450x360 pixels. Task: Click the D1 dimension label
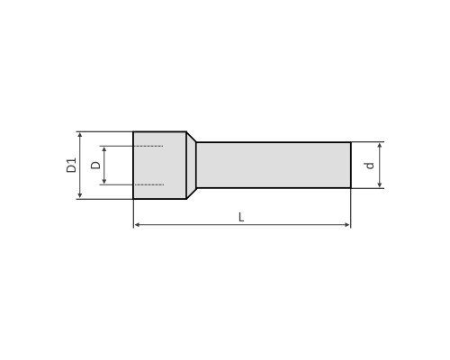point(71,165)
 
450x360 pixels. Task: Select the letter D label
point(95,165)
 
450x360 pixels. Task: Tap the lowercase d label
point(370,166)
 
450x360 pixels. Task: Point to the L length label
point(241,217)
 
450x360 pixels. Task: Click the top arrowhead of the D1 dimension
point(80,135)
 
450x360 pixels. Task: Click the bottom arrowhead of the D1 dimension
point(80,195)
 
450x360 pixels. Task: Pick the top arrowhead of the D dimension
point(104,149)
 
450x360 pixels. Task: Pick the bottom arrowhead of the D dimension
point(104,181)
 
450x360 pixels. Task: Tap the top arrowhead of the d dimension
point(380,146)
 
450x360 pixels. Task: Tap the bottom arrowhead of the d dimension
point(380,184)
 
